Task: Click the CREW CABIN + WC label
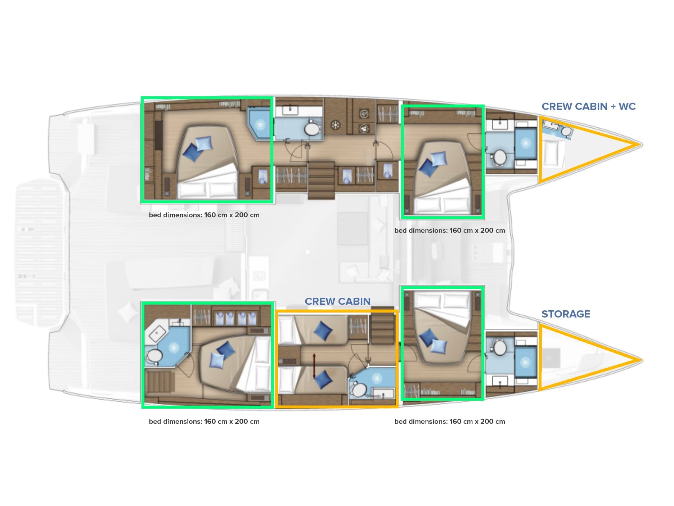[588, 106]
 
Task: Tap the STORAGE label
[566, 314]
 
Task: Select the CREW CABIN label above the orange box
[337, 301]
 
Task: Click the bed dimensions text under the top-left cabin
[204, 215]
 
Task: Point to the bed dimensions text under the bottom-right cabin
[450, 422]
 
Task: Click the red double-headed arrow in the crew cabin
[314, 366]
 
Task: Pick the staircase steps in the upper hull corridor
[321, 179]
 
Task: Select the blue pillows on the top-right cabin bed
[433, 163]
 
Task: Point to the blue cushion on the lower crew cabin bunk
[323, 379]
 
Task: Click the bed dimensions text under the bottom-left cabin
[204, 422]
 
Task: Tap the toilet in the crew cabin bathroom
[359, 389]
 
